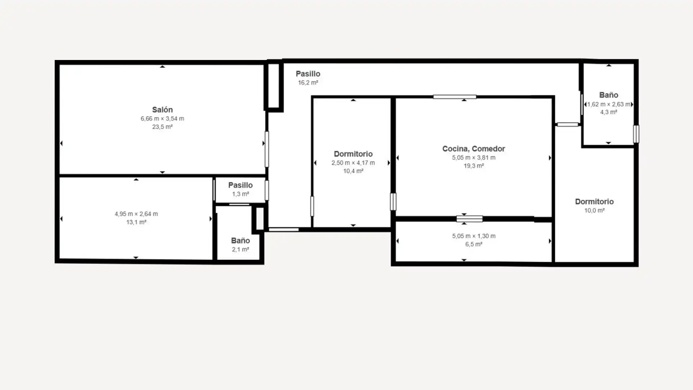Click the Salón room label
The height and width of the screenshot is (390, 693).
pos(162,110)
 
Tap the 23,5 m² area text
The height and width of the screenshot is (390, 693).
pos(162,127)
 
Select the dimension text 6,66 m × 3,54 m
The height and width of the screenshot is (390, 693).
pos(162,118)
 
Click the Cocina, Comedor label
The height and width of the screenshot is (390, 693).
pos(474,149)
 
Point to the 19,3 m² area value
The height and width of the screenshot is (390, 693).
pos(474,166)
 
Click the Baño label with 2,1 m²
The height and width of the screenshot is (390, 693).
pos(240,240)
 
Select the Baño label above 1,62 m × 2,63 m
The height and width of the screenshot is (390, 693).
pos(609,95)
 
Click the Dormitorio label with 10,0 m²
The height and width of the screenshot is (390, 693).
pos(594,201)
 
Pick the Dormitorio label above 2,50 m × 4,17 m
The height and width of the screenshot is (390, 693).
pos(353,154)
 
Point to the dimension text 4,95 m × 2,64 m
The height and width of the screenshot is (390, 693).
pos(136,214)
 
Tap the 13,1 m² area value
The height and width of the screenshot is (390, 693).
pos(136,222)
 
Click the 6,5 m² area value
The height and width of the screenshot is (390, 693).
pos(474,244)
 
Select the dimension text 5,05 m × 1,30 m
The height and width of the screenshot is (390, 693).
pos(474,236)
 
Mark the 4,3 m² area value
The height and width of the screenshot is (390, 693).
pos(609,112)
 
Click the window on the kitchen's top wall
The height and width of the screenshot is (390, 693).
pos(454,97)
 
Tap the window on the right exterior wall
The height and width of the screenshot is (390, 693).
pos(636,134)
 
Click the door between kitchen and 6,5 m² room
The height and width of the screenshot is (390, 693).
pos(469,219)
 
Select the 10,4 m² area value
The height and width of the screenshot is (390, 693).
pos(353,171)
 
